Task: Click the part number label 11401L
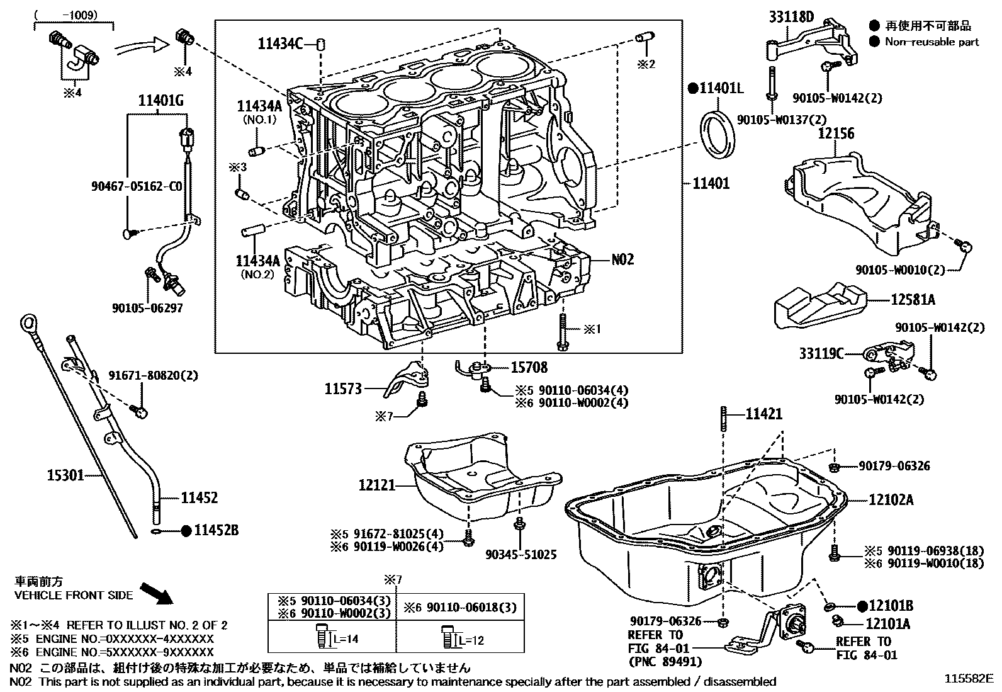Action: tap(721, 88)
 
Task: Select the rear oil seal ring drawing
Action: tap(717, 135)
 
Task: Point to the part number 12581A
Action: tap(913, 300)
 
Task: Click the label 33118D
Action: tap(791, 17)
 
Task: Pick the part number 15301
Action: tap(65, 475)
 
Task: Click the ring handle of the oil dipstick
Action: tap(28, 324)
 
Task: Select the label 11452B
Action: tap(216, 531)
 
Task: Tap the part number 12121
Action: tap(377, 485)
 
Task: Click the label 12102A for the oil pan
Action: tap(891, 500)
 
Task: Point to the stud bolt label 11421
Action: tap(764, 414)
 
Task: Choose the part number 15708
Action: tap(529, 367)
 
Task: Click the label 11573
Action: tap(343, 389)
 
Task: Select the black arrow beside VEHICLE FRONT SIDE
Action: tap(156, 593)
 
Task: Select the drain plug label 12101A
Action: tap(888, 624)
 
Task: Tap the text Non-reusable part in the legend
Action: tap(932, 42)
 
